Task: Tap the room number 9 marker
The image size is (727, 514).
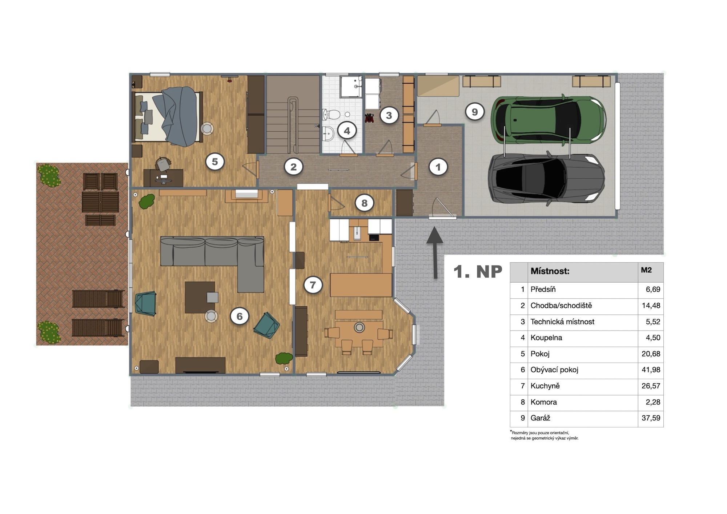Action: pyautogui.click(x=474, y=112)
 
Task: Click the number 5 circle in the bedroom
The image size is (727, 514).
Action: pyautogui.click(x=214, y=162)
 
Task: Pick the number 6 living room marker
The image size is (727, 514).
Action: pyautogui.click(x=240, y=316)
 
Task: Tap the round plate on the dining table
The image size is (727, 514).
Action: pyautogui.click(x=360, y=327)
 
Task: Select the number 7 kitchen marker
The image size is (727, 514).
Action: pyautogui.click(x=313, y=284)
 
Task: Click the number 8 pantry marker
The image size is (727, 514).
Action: pyautogui.click(x=364, y=203)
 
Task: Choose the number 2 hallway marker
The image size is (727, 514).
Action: pyautogui.click(x=293, y=167)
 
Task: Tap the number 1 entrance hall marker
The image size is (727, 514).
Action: pyautogui.click(x=438, y=167)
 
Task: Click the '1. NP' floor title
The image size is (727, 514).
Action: pyautogui.click(x=478, y=272)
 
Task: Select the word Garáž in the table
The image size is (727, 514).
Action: pyautogui.click(x=540, y=418)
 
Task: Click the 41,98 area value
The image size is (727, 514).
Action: pyautogui.click(x=651, y=370)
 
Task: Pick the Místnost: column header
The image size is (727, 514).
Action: pyautogui.click(x=550, y=271)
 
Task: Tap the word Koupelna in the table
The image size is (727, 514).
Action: pyautogui.click(x=546, y=338)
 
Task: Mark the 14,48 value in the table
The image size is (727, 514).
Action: pyautogui.click(x=651, y=306)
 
